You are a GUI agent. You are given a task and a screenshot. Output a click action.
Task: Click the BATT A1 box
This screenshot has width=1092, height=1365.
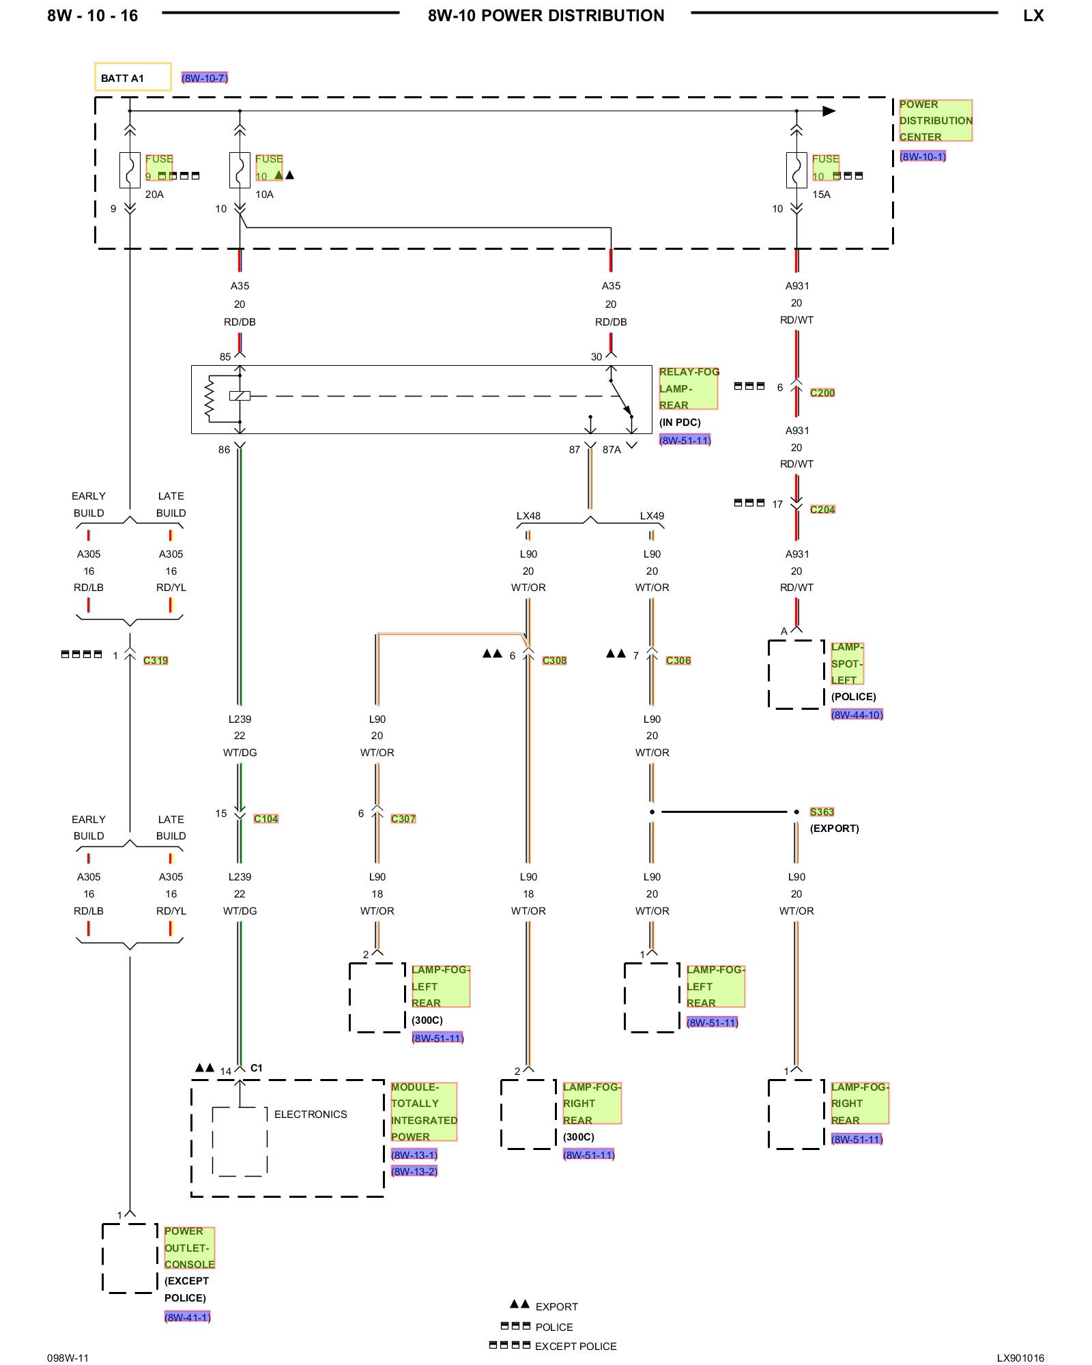(x=132, y=77)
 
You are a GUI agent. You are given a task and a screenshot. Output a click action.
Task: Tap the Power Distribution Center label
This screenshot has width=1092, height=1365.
(x=935, y=121)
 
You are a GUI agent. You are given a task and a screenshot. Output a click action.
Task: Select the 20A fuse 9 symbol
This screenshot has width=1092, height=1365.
(x=130, y=170)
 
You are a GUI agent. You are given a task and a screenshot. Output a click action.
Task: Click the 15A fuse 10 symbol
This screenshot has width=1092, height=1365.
(x=796, y=170)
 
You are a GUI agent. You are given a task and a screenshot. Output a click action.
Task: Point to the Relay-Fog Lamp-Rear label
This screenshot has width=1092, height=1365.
(x=688, y=388)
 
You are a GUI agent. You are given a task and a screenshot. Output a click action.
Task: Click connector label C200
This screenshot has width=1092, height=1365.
(x=822, y=393)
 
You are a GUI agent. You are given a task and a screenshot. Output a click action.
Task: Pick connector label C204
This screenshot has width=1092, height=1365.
(x=822, y=510)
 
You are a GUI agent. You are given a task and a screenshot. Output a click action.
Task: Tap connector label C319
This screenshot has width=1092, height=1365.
(x=156, y=661)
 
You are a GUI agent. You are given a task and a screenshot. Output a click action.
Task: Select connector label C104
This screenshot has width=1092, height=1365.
(x=266, y=819)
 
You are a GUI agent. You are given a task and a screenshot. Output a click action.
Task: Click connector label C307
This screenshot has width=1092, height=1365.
(x=403, y=819)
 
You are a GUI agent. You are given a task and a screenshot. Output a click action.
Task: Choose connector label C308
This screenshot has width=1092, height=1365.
(x=554, y=661)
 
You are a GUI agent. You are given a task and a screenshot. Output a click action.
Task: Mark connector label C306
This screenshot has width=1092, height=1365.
(x=678, y=661)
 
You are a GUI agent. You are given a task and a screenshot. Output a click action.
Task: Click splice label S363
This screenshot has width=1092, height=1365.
(x=822, y=812)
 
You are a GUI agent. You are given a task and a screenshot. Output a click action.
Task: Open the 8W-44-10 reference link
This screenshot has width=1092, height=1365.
(x=857, y=715)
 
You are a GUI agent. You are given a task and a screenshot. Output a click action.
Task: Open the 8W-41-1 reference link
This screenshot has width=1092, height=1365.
(x=188, y=1317)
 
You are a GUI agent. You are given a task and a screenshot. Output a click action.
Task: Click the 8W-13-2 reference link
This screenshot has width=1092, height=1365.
(x=414, y=1172)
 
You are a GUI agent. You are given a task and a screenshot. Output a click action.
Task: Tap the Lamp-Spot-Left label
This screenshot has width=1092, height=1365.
(x=847, y=663)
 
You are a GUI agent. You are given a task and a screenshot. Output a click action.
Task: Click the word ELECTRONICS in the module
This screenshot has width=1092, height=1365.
(x=311, y=1115)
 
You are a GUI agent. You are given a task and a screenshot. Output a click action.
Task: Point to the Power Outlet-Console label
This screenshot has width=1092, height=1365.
(x=189, y=1248)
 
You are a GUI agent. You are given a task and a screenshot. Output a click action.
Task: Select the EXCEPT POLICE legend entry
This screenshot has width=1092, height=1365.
(x=575, y=1347)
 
